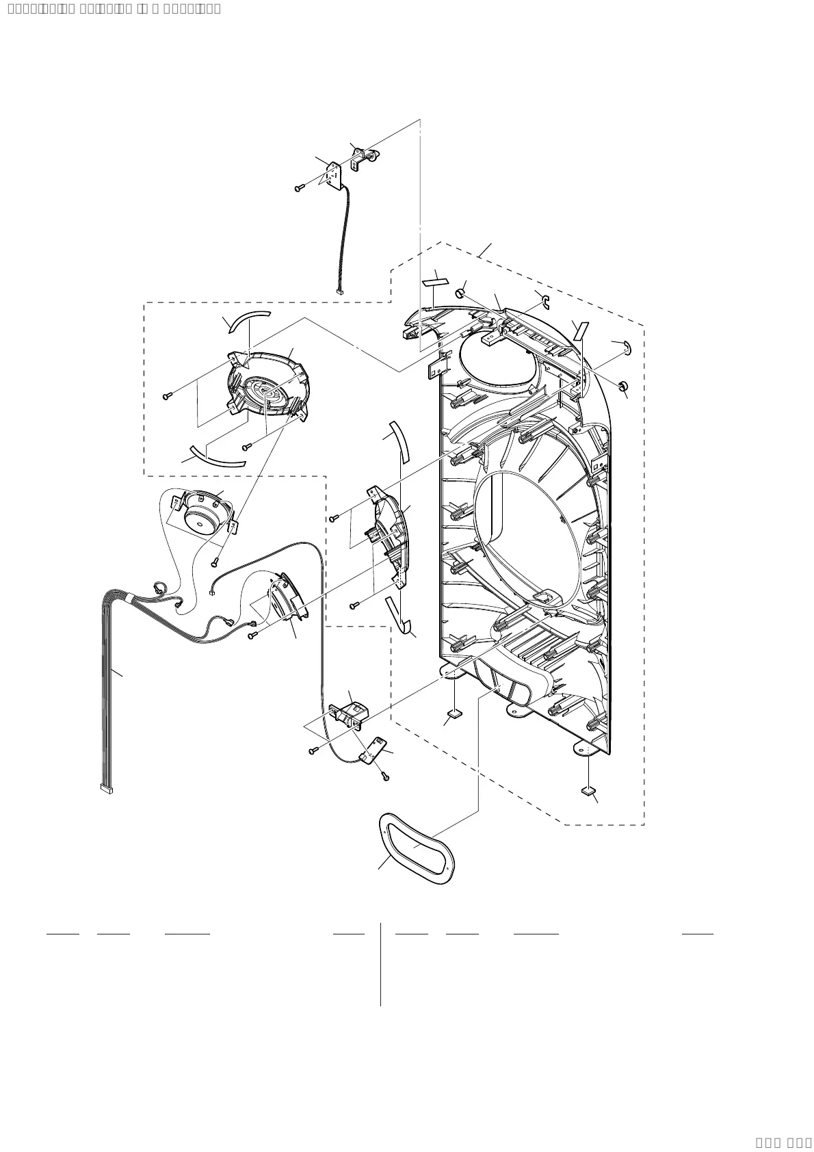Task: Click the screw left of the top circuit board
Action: [299, 187]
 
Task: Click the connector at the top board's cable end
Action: [339, 292]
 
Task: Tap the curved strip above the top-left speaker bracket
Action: [249, 319]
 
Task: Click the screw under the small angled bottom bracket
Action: [386, 776]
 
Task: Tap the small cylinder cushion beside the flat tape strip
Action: [460, 294]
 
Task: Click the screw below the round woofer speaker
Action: [214, 562]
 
